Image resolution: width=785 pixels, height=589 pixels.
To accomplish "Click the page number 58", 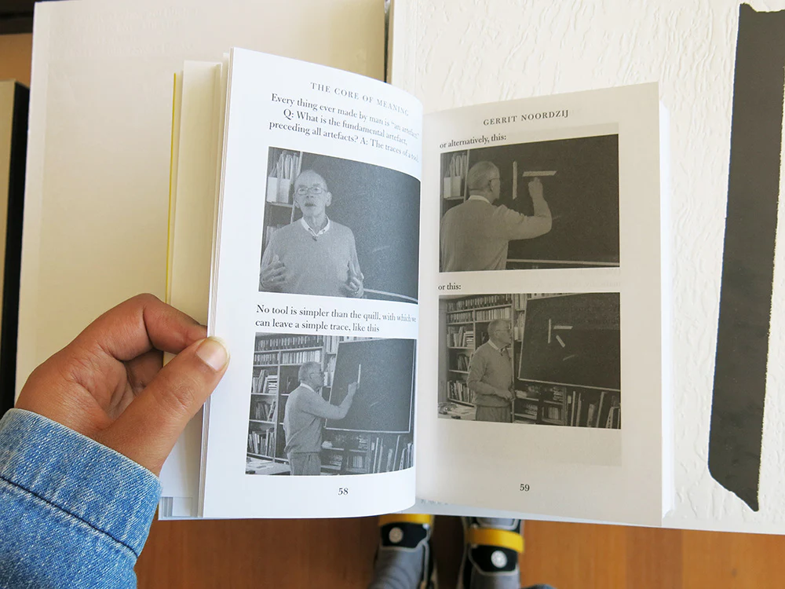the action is (x=343, y=492).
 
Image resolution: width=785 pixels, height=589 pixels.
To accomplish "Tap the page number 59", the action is (x=524, y=488).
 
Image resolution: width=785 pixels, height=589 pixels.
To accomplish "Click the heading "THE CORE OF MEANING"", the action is (x=360, y=97).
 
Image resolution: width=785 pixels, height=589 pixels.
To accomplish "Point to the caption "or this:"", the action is (x=450, y=287).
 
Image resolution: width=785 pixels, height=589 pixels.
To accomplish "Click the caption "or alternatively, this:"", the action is (x=473, y=141).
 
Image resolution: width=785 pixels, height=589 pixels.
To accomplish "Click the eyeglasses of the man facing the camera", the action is (x=310, y=190).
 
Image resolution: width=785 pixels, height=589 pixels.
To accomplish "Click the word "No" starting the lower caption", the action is (x=262, y=309).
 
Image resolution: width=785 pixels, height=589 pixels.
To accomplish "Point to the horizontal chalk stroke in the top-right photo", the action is (x=539, y=174).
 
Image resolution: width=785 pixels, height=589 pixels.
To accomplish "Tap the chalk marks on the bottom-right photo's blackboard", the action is (x=560, y=333).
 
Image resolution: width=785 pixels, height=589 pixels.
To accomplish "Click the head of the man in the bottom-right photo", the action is (x=498, y=332).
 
